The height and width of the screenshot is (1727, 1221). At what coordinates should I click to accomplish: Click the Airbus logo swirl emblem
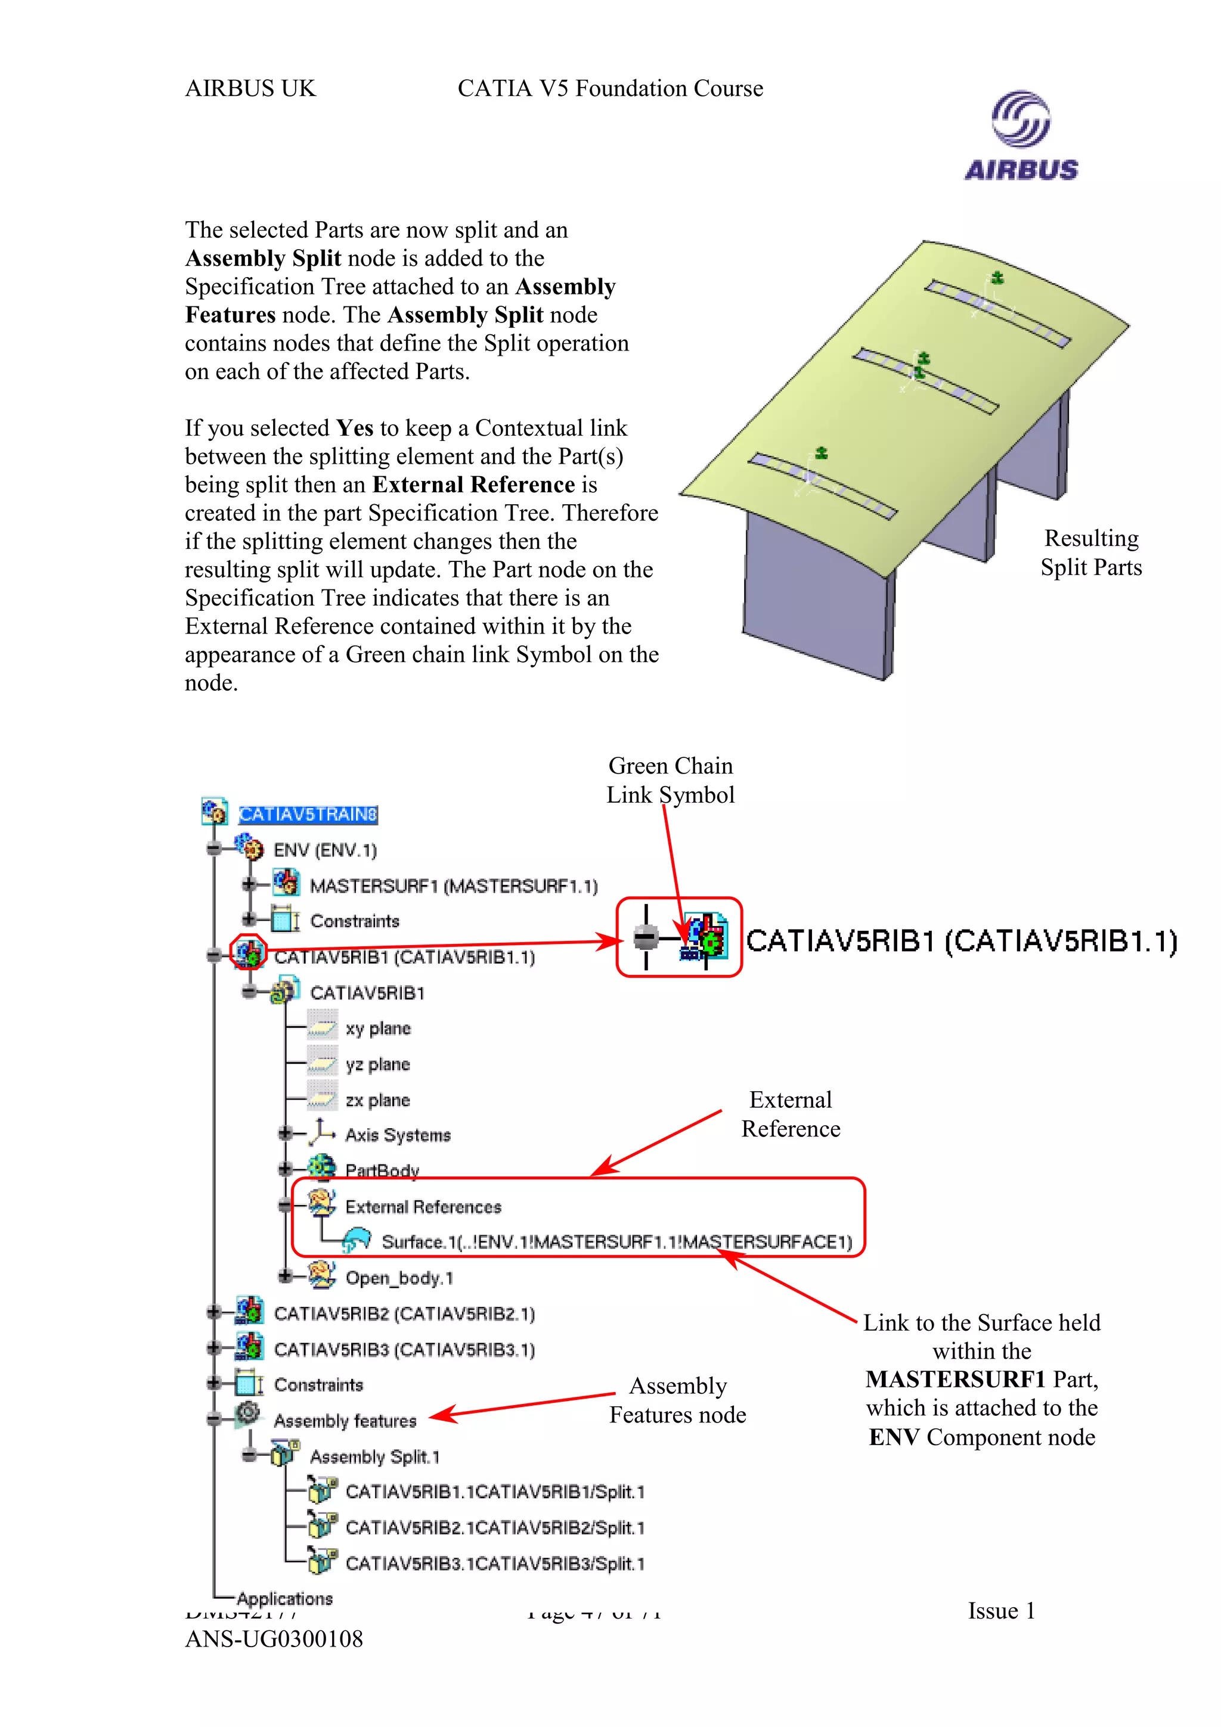pos(1020,119)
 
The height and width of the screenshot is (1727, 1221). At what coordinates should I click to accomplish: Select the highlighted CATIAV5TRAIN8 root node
pos(308,815)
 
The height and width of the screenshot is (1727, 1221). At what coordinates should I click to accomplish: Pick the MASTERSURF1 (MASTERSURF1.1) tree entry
pos(454,886)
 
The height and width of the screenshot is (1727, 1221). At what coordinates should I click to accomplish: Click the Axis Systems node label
pos(397,1135)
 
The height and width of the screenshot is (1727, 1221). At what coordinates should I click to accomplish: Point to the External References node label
pos(423,1207)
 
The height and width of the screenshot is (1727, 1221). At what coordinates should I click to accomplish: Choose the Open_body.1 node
pos(399,1278)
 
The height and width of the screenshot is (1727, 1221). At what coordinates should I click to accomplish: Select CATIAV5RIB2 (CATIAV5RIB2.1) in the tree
pos(404,1313)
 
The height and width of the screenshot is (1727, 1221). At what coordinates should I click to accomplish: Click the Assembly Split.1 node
pos(374,1457)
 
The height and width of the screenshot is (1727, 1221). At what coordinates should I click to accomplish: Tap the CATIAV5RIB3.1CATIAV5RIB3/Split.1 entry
pos(494,1564)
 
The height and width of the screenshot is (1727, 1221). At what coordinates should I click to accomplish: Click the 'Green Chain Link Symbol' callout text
pos(670,780)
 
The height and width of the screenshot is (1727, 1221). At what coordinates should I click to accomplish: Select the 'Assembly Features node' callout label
pos(677,1400)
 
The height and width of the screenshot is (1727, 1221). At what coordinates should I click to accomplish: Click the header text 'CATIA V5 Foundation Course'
pos(610,89)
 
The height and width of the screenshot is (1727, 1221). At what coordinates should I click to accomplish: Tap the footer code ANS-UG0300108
pos(274,1639)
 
